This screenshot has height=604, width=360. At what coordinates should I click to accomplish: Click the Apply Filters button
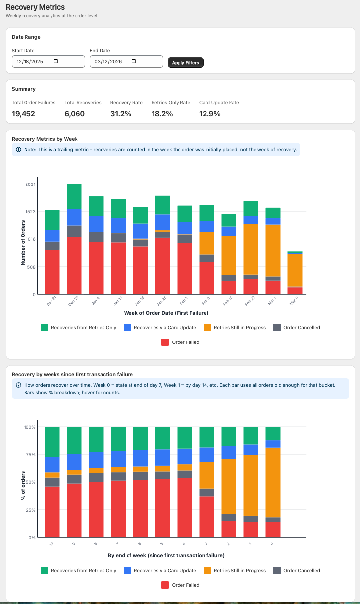pyautogui.click(x=185, y=63)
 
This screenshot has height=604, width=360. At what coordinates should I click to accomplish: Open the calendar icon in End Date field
pyautogui.click(x=134, y=61)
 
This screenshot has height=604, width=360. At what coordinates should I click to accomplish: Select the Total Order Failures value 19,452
pyautogui.click(x=24, y=114)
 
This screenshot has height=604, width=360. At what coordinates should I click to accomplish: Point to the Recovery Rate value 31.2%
pyautogui.click(x=121, y=114)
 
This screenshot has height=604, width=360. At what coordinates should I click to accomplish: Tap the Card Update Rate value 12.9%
pyautogui.click(x=209, y=114)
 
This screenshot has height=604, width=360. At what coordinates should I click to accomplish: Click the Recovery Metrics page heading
pyautogui.click(x=35, y=7)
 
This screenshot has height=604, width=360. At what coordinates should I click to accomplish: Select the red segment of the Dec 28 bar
pyautogui.click(x=74, y=265)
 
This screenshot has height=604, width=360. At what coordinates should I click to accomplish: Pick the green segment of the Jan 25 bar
pyautogui.click(x=162, y=205)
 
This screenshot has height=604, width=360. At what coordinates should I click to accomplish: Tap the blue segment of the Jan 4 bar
pyautogui.click(x=96, y=224)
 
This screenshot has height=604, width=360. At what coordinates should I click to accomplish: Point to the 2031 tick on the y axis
pyautogui.click(x=30, y=184)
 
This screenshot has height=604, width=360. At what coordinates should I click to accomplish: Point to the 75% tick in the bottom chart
pyautogui.click(x=30, y=455)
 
